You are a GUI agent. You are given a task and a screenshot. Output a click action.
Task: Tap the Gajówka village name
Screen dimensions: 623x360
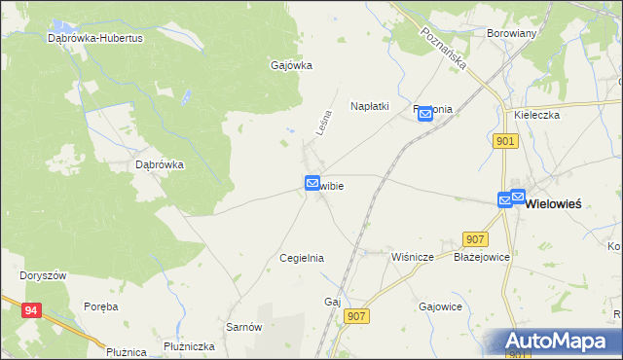(x=290, y=66)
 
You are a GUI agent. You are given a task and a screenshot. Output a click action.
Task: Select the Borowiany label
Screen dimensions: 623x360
(x=511, y=32)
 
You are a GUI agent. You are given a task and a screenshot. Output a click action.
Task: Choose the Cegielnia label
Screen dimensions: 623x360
(x=301, y=258)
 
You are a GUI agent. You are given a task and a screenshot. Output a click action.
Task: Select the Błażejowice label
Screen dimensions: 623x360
(x=482, y=258)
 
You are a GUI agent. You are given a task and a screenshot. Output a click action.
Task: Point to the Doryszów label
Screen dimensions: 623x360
(x=43, y=275)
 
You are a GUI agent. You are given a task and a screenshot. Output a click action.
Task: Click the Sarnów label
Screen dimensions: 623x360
(x=244, y=327)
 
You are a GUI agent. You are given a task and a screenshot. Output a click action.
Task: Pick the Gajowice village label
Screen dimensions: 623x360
(x=440, y=306)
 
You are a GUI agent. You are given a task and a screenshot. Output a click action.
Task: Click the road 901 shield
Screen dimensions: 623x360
(x=505, y=141)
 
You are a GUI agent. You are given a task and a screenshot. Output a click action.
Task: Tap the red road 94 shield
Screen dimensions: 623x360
(x=32, y=310)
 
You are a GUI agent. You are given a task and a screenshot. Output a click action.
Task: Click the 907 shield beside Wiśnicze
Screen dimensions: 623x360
(x=476, y=239)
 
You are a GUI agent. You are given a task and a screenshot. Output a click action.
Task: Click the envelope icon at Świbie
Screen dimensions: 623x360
(x=312, y=183)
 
